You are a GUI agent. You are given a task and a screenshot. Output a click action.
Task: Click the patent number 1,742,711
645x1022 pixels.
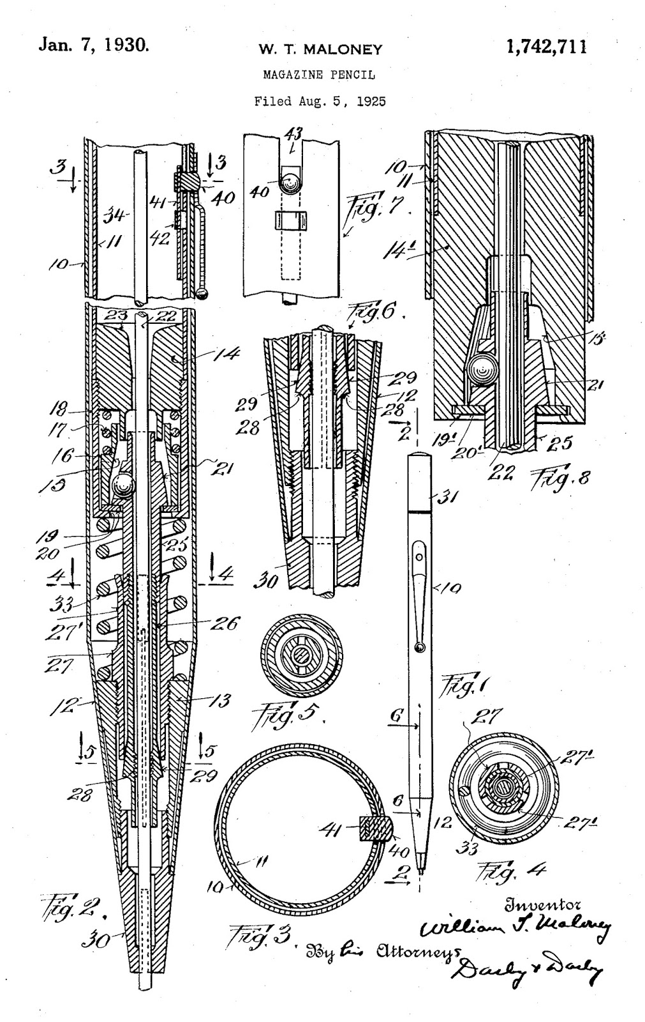(x=546, y=47)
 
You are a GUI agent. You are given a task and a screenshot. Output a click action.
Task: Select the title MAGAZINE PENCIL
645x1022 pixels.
(x=319, y=75)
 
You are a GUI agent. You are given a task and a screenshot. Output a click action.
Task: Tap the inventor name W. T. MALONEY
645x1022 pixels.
(x=320, y=49)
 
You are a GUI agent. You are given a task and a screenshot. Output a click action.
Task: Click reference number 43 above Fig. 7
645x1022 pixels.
(x=293, y=135)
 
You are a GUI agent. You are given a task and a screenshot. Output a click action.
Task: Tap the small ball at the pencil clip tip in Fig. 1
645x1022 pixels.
(x=419, y=648)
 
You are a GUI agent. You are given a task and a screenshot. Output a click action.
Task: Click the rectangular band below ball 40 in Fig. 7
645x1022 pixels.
(x=293, y=220)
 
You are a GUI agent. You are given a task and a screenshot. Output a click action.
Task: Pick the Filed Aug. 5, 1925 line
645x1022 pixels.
(x=320, y=101)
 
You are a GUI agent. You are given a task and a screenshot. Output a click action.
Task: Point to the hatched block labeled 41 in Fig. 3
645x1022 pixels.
(x=374, y=830)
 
